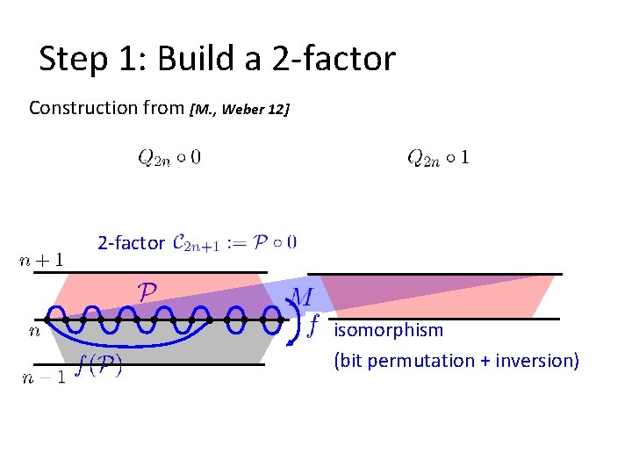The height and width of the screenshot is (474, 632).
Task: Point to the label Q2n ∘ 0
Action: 169,158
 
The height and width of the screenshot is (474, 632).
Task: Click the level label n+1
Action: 41,260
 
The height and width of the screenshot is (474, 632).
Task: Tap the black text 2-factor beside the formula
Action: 131,243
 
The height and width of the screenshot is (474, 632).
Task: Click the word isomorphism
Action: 388,331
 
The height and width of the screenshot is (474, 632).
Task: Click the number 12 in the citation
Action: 277,110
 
